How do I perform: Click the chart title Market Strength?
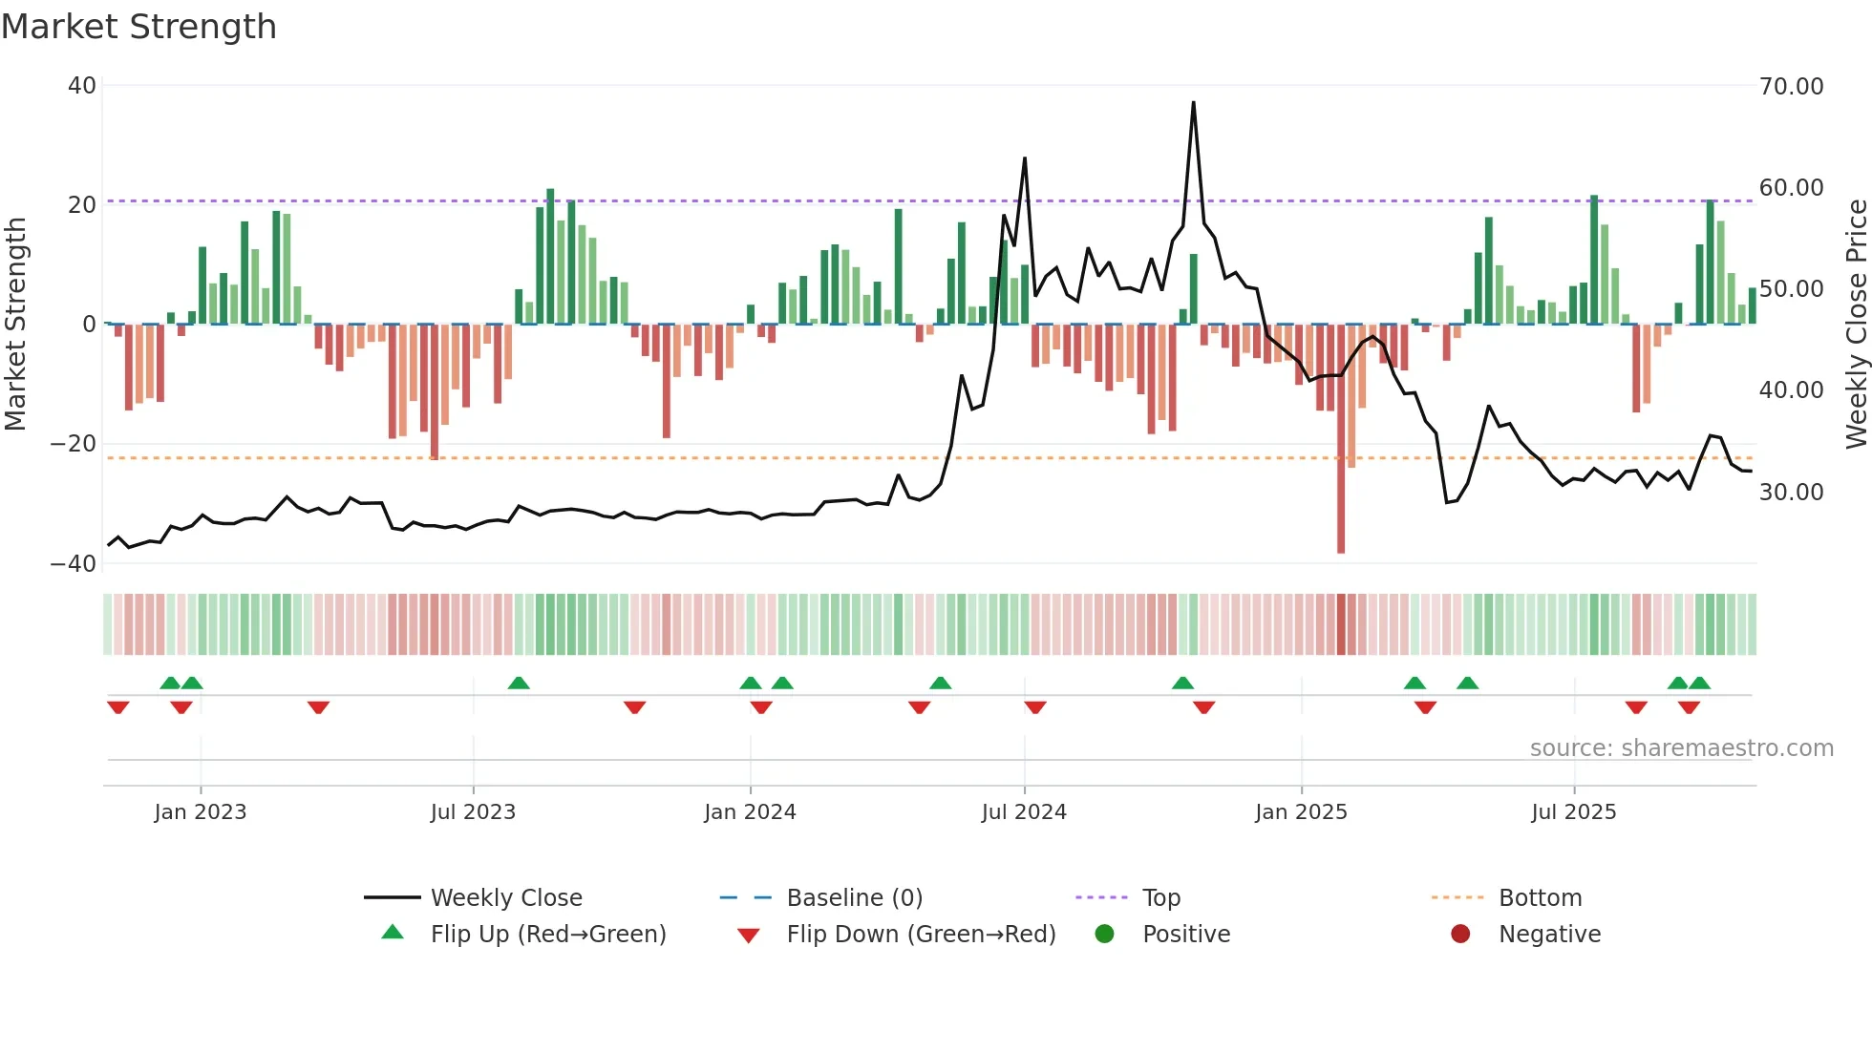coord(138,27)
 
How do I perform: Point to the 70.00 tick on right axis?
coord(1791,87)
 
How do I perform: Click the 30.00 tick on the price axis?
coord(1791,493)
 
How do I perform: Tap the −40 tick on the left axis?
coord(73,564)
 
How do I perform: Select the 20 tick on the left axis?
coord(82,205)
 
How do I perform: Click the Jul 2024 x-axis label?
coord(1023,812)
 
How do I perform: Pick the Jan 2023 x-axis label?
coord(200,812)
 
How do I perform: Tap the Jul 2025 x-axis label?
coord(1573,812)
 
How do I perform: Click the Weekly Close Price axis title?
coord(1856,325)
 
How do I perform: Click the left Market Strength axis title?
coord(15,325)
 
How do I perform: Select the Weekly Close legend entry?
coord(505,898)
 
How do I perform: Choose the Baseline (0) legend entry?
coord(854,898)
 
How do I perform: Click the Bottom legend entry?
coord(1540,898)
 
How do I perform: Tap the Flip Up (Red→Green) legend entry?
coord(547,935)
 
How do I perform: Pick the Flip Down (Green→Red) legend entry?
coord(921,935)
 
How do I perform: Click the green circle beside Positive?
coord(1104,935)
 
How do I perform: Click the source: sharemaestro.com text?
coord(1681,748)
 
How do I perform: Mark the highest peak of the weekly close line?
coord(1193,103)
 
